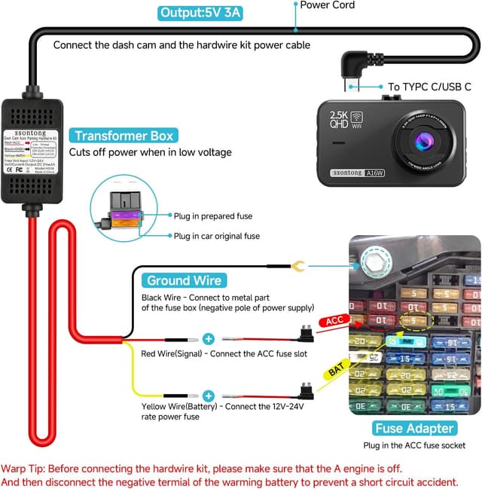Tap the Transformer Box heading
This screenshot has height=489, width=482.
[124, 136]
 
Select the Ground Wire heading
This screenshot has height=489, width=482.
[185, 280]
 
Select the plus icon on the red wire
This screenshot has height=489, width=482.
[209, 339]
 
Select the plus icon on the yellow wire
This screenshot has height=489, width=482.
[209, 395]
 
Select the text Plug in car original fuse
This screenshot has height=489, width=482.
[217, 236]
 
